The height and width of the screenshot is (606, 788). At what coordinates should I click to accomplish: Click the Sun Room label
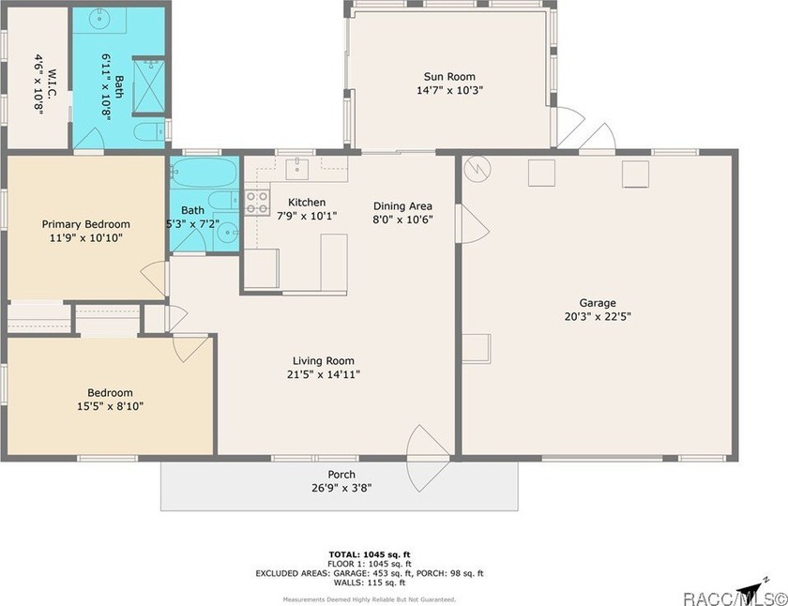coord(449,77)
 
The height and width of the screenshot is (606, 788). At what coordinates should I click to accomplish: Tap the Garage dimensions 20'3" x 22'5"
coord(598,316)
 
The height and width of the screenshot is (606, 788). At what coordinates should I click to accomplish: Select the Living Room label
coord(324,361)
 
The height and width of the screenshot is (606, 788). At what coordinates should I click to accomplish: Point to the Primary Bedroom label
coord(86,224)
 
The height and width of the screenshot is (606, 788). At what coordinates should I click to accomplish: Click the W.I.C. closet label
coord(53,83)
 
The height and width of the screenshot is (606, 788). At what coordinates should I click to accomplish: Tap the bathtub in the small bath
coord(204,172)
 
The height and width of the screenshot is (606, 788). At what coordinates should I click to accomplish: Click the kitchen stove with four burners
coord(257,203)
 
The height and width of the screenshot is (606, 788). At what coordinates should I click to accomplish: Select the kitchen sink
coord(297,169)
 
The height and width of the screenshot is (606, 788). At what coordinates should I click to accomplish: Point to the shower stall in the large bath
coord(149,86)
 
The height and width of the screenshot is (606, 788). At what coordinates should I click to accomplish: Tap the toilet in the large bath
coord(149,131)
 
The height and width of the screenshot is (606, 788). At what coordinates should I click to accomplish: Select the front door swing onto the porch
coord(427,459)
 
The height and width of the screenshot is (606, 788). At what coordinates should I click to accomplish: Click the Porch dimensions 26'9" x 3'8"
coord(341,488)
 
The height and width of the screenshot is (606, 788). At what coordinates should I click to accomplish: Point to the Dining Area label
coord(402,206)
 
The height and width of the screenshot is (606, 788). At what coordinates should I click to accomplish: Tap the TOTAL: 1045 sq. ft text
coord(370,554)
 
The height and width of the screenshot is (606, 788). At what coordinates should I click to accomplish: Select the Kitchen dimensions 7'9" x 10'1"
coord(307,216)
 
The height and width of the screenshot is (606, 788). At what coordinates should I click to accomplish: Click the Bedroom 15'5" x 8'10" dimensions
coord(110,406)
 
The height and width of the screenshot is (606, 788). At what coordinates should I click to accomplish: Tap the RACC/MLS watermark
coord(735,598)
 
